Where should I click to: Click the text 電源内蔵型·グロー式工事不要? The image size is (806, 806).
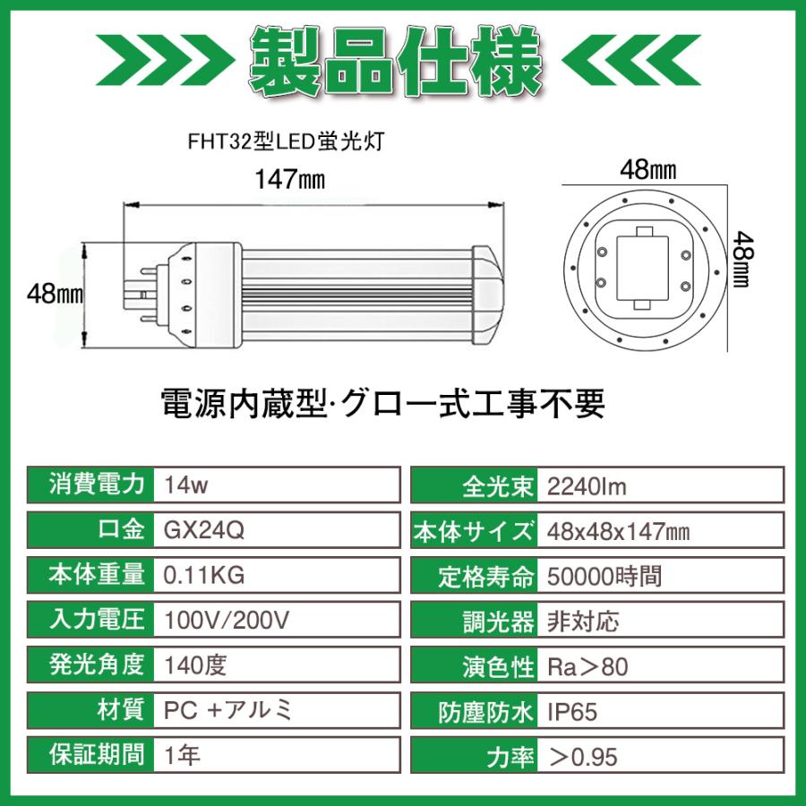coord(382,404)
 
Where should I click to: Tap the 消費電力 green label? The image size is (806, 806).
coord(95,485)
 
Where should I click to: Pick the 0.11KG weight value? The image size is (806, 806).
coord(205,575)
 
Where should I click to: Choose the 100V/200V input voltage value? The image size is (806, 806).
coord(227,620)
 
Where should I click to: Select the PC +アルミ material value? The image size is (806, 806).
coord(228,711)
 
